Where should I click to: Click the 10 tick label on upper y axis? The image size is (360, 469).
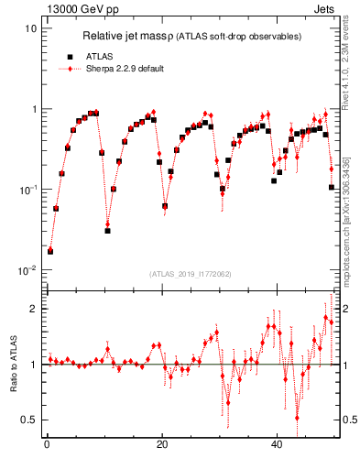click(x=30, y=28)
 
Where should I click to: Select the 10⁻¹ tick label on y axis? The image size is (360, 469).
click(x=27, y=190)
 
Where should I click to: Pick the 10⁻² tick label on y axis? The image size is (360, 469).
click(x=27, y=270)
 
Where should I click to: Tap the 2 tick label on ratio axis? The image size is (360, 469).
click(x=34, y=309)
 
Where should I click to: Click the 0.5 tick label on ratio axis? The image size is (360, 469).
click(x=29, y=420)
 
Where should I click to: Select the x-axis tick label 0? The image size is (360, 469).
click(x=47, y=444)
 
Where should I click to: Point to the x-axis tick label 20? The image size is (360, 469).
click(x=162, y=444)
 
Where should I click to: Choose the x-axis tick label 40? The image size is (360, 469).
click(x=278, y=444)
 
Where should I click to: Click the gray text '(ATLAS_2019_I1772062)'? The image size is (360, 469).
click(x=191, y=274)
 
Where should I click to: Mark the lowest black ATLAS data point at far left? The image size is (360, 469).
click(x=50, y=251)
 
